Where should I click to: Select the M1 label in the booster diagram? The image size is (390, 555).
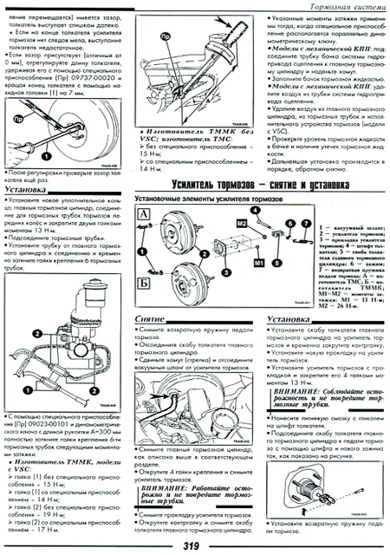[x=260, y=260]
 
